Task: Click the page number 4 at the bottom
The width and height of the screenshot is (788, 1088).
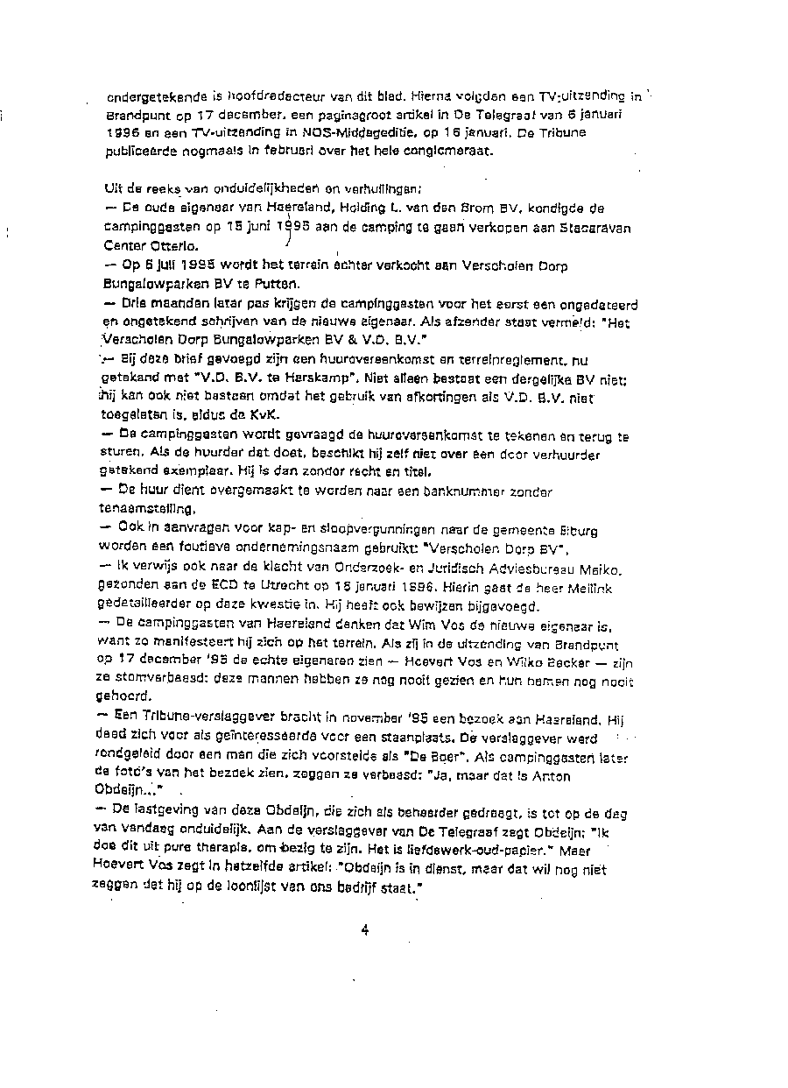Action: click(x=365, y=931)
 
